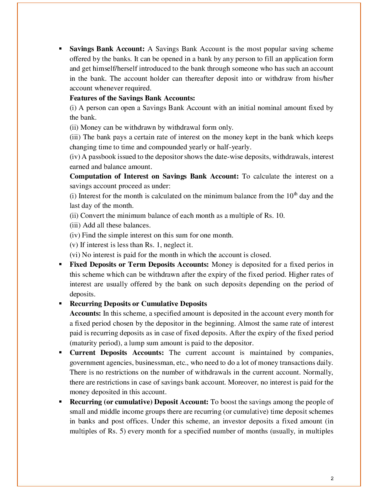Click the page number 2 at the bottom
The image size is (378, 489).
pos(332,478)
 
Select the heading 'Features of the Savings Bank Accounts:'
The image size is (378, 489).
pos(132,98)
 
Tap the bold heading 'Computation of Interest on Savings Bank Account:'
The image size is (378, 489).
pos(154,176)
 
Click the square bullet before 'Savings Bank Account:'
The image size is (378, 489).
pos(60,49)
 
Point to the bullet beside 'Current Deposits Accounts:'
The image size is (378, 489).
pos(60,353)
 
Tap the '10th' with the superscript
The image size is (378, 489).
pos(292,196)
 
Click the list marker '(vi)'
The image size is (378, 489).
pos(75,255)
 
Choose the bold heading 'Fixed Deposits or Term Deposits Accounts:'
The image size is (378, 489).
pos(139,265)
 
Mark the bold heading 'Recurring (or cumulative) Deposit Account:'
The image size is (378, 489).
pos(139,402)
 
